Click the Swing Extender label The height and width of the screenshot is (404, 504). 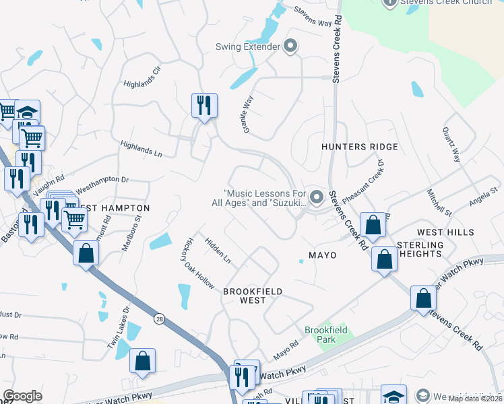pos(247,46)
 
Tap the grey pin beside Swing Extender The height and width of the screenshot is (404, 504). pos(291,46)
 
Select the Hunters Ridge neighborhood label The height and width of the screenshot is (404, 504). pos(359,147)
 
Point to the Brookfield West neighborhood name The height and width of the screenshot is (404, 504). pos(252,296)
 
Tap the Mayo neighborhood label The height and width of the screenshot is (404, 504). pos(322,255)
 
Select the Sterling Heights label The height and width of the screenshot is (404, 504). pos(420,249)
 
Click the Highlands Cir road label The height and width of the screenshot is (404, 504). pos(143,77)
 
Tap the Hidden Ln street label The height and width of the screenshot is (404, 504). pos(218,250)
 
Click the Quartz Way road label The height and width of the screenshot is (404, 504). pos(451,145)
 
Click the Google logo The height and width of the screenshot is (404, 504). pos(22,396)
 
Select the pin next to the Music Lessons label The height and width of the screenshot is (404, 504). pos(317,197)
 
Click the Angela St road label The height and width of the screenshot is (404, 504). pos(482,197)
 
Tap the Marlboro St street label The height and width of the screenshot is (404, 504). pos(131,232)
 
